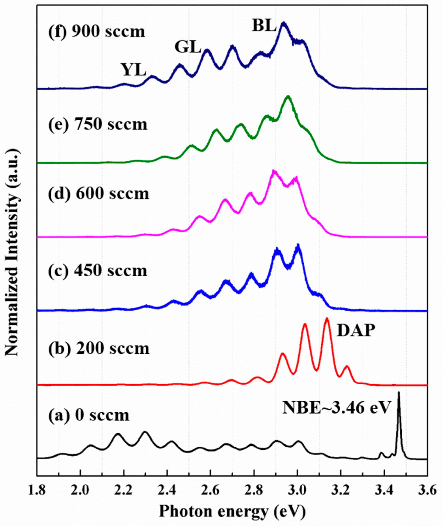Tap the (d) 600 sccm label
(98, 194)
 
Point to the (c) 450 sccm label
(98, 271)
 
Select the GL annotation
(188, 47)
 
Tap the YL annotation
(134, 70)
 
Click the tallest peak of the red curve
(327, 319)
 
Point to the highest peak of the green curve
(288, 97)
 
